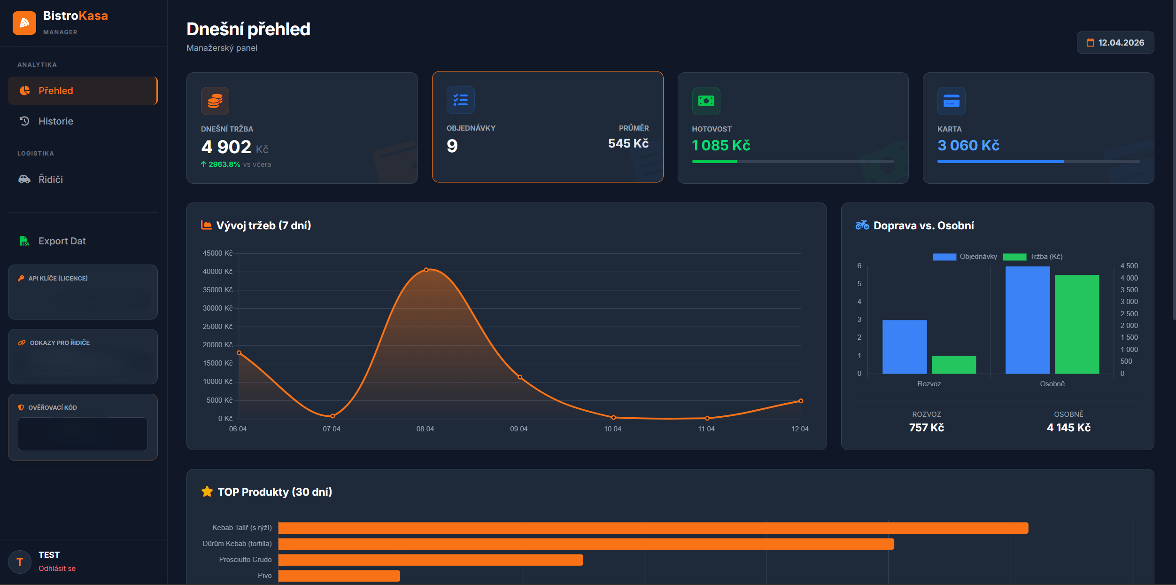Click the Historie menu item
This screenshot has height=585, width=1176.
pos(55,121)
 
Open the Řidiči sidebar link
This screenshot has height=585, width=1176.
pos(50,179)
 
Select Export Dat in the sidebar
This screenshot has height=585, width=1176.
pos(62,241)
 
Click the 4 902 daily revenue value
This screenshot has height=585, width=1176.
pos(226,147)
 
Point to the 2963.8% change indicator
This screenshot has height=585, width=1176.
pos(224,164)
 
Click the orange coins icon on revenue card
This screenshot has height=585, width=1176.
pos(215,101)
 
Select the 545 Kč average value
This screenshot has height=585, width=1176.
pos(628,143)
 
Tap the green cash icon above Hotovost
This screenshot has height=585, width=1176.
pos(705,101)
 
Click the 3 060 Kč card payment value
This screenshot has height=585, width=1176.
pos(968,146)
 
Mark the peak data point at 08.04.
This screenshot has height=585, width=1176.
pos(426,270)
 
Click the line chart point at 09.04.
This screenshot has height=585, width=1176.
pos(519,377)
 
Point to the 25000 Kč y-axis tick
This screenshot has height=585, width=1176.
pos(217,327)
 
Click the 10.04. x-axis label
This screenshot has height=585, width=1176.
pos(613,429)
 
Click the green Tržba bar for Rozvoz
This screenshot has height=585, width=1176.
pos(953,365)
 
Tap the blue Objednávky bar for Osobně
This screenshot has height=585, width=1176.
pos(1027,320)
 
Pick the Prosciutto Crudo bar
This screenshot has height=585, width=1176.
pos(430,560)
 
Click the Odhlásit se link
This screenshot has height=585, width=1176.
pos(57,569)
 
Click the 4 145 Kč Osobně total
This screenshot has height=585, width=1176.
pos(1068,428)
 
